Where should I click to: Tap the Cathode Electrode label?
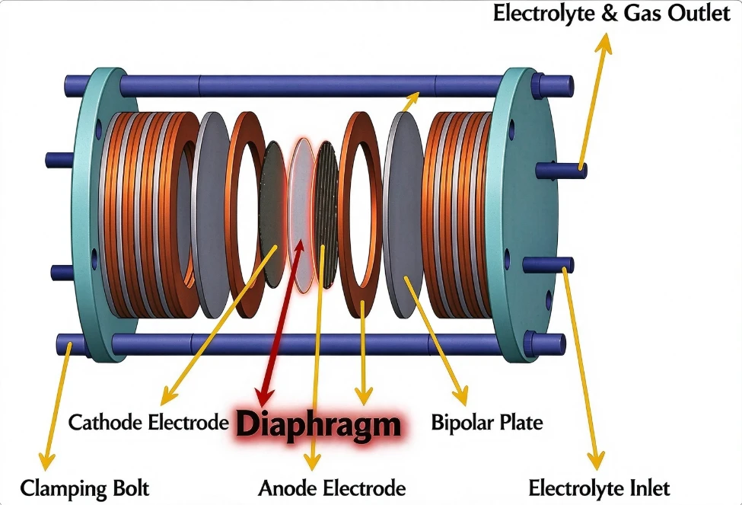pos(148,422)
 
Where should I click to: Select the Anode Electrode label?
pos(332,488)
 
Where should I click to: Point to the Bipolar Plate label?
pos(487,423)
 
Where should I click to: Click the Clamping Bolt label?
pos(84,488)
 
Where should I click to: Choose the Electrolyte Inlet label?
pos(599,488)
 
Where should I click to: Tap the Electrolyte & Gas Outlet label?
pos(611,13)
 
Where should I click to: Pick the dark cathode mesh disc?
pos(273,214)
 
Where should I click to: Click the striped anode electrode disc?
pos(326,215)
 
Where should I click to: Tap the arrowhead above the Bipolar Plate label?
pos(460,395)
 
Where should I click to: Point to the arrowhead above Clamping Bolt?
pos(46,459)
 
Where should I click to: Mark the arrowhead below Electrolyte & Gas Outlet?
pos(603,43)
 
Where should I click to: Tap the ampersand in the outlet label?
pos(610,13)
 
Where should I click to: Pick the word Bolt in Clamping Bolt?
pos(131,488)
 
